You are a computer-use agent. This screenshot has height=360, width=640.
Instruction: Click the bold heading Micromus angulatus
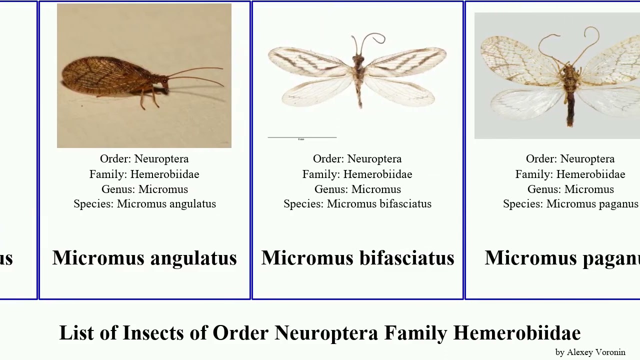tap(144, 258)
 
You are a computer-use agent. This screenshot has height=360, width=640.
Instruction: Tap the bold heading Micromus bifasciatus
tap(357, 258)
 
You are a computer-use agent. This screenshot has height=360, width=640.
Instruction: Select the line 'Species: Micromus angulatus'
tap(144, 204)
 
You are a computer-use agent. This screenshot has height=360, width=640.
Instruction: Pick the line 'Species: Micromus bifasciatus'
tap(357, 204)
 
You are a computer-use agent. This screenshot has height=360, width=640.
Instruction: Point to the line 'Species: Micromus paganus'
tap(570, 204)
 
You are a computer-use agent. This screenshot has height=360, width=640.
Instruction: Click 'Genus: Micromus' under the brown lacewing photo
tap(144, 189)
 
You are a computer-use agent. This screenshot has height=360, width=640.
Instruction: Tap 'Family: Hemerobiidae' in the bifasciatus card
tap(357, 174)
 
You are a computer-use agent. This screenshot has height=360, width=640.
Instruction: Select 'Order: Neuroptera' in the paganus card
tap(570, 159)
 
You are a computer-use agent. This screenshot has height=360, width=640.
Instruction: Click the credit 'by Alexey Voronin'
tap(590, 352)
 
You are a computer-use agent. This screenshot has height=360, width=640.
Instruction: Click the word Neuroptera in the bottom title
tap(326, 333)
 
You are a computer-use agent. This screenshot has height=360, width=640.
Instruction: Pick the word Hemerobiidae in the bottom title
tap(516, 333)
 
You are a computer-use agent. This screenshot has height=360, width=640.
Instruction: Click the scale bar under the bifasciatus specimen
tap(302, 137)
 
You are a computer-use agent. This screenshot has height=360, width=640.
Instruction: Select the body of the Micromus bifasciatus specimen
tap(358, 75)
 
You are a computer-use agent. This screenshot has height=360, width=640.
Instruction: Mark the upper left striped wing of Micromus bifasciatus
tap(307, 62)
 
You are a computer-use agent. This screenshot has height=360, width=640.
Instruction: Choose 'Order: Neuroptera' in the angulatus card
tap(144, 159)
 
